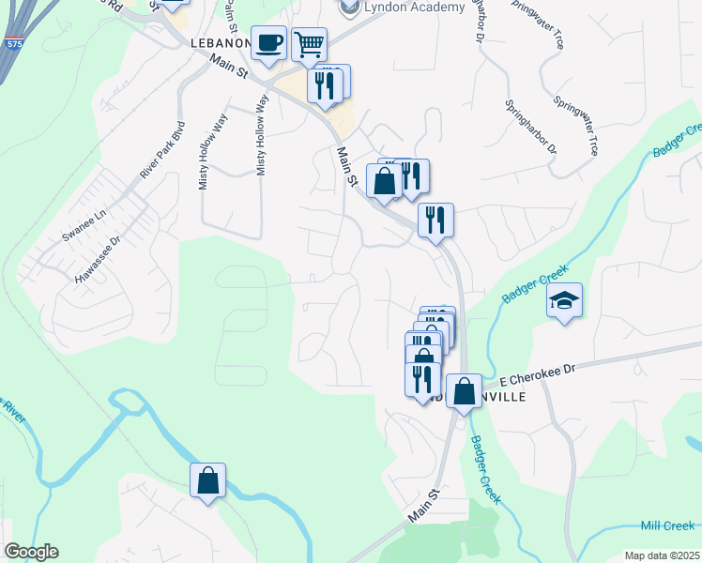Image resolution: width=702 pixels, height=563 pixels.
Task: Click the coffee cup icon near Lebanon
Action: coord(269,43)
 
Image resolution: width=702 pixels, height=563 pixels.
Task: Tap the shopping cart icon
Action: coord(308,43)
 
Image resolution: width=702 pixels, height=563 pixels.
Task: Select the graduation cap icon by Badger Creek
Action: coord(564,300)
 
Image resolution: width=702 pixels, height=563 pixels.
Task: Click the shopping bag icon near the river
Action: coord(208,480)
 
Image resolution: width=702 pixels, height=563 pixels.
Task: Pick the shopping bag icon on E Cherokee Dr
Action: coord(464,391)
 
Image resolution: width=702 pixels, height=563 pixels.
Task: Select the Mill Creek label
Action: coord(667,526)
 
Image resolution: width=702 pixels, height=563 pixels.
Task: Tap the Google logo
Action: coord(31,552)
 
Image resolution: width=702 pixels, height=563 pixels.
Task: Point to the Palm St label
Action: coord(231,14)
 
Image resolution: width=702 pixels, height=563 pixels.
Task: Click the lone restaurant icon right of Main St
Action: coord(435,221)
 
